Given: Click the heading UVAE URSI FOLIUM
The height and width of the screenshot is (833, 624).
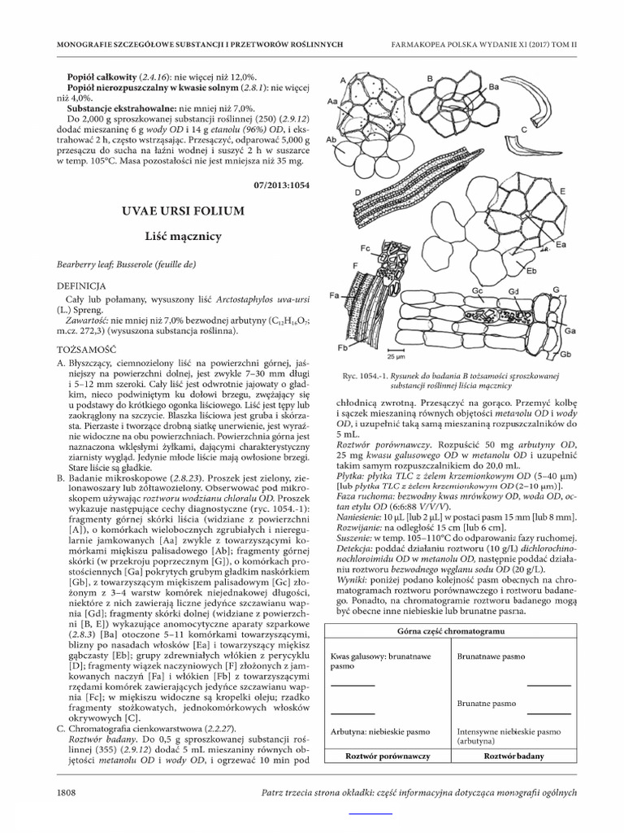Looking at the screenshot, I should (x=183, y=211).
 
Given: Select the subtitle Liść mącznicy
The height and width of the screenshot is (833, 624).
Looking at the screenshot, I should (x=183, y=236).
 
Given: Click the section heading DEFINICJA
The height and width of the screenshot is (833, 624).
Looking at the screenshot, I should (x=81, y=286).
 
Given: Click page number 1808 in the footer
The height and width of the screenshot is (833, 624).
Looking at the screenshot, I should (x=67, y=792).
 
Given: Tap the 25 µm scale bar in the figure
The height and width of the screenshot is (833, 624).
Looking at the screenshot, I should (x=396, y=356).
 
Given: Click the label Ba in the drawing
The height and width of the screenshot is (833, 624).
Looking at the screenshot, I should (x=493, y=85).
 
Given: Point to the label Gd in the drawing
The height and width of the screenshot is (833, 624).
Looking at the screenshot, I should (x=513, y=291).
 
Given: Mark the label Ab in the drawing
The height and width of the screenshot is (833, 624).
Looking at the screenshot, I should (x=331, y=140).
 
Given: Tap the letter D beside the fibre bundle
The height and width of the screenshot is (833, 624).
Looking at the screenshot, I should (x=357, y=192).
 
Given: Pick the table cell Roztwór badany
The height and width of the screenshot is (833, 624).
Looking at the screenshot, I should (x=513, y=756).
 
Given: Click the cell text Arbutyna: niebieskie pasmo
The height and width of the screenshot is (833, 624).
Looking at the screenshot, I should (x=376, y=731).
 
